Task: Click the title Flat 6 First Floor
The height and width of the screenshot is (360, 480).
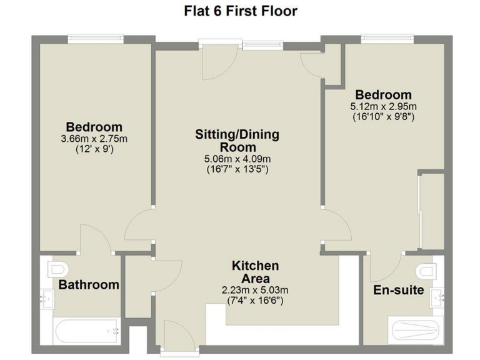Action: click(240, 11)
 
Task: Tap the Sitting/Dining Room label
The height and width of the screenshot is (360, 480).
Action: click(237, 141)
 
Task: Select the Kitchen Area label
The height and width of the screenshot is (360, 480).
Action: click(255, 272)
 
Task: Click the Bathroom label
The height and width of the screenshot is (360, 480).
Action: click(89, 285)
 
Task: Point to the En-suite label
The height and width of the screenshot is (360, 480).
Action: click(398, 290)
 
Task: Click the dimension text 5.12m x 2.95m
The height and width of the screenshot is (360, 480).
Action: click(384, 107)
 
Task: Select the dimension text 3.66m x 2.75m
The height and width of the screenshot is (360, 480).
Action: click(94, 138)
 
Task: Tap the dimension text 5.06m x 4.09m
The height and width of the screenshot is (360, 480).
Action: click(237, 159)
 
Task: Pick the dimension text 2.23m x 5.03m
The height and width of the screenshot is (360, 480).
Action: click(255, 290)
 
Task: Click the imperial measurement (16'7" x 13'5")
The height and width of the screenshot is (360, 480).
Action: click(237, 169)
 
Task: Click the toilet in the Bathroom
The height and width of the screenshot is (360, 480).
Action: click(57, 269)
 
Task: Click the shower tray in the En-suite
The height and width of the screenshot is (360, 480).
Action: click(416, 329)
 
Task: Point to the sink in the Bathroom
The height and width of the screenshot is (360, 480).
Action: click(47, 299)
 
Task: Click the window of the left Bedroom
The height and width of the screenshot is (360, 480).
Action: click(95, 39)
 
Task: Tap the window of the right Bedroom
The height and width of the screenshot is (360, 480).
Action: click(386, 39)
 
